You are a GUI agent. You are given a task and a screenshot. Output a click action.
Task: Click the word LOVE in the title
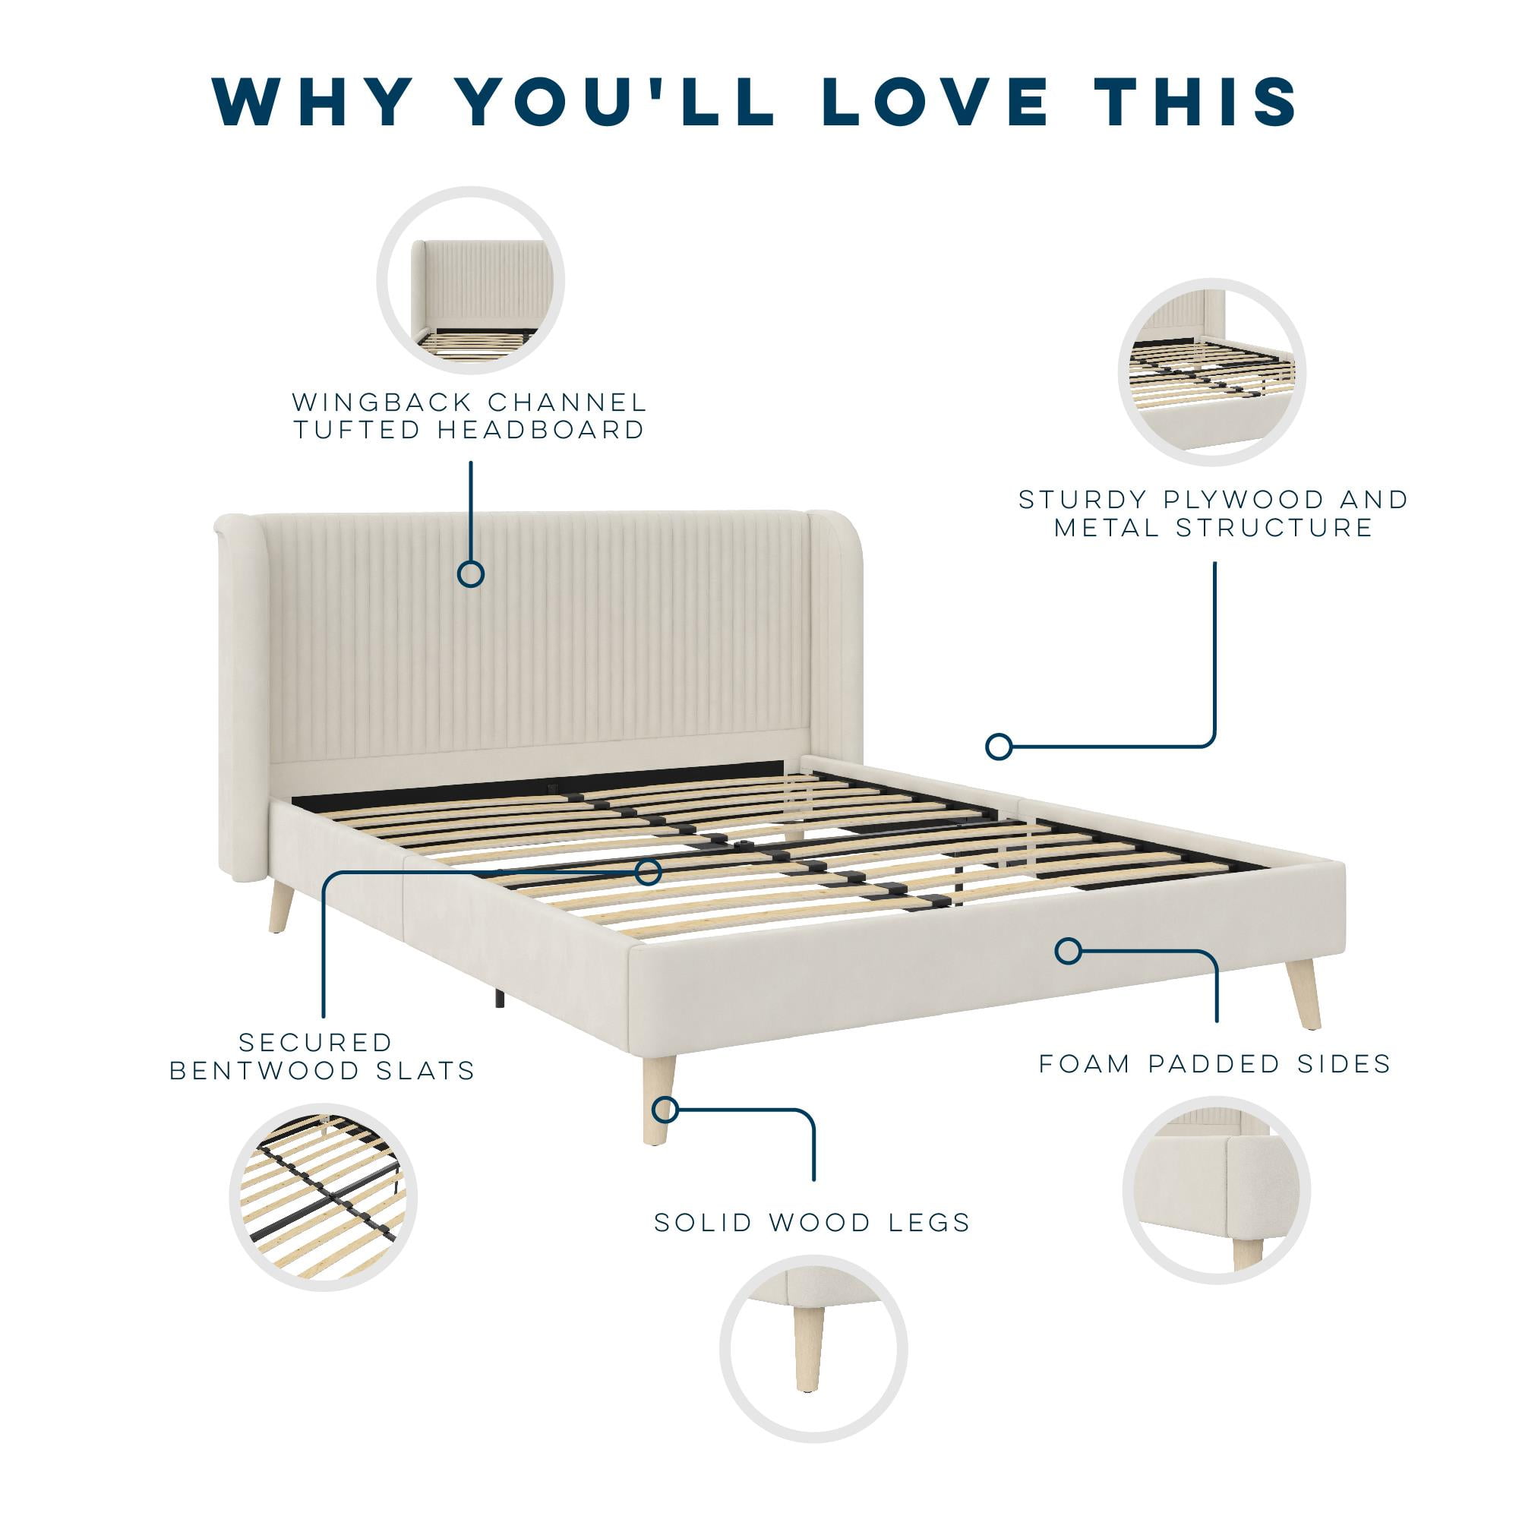tap(936, 102)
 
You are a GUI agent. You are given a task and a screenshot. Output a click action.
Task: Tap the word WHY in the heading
tap(312, 102)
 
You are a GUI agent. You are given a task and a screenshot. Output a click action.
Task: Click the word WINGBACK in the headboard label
tap(381, 403)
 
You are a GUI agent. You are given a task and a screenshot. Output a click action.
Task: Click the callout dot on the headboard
tap(471, 574)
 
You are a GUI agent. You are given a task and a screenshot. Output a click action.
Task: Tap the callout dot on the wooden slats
tap(648, 872)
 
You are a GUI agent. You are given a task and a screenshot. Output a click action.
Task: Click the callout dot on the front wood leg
tap(665, 1110)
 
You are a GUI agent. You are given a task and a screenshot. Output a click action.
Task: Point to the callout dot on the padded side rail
tap(1067, 952)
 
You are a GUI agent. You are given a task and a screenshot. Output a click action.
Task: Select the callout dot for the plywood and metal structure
tap(999, 746)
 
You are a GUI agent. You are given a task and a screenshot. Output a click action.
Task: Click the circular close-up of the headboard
tap(471, 281)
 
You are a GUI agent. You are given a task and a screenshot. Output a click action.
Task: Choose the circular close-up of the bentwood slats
tap(323, 1197)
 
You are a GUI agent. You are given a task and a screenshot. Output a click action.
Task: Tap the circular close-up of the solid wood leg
tap(813, 1349)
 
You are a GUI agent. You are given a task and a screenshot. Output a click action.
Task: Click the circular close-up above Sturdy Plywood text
tap(1211, 373)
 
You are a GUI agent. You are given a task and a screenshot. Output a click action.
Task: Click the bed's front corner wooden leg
tap(658, 1099)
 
